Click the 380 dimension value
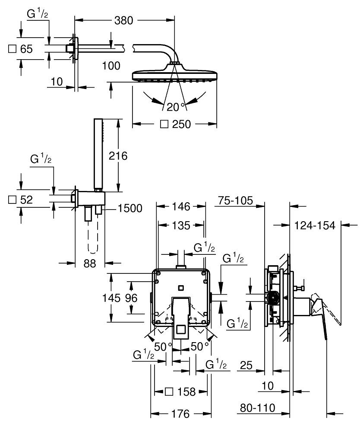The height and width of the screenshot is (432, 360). click(x=124, y=20)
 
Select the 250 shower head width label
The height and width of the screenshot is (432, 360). click(x=181, y=124)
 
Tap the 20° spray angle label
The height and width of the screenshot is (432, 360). click(x=176, y=107)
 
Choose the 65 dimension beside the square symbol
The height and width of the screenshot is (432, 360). click(x=26, y=49)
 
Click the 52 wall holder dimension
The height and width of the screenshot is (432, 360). click(x=26, y=200)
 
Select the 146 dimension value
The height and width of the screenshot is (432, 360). click(x=181, y=207)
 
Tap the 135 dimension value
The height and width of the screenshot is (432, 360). click(x=181, y=225)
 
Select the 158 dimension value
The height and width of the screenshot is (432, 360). click(x=186, y=392)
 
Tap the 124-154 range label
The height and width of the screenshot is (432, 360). click(x=315, y=226)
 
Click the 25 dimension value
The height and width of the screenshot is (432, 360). click(x=246, y=366)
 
